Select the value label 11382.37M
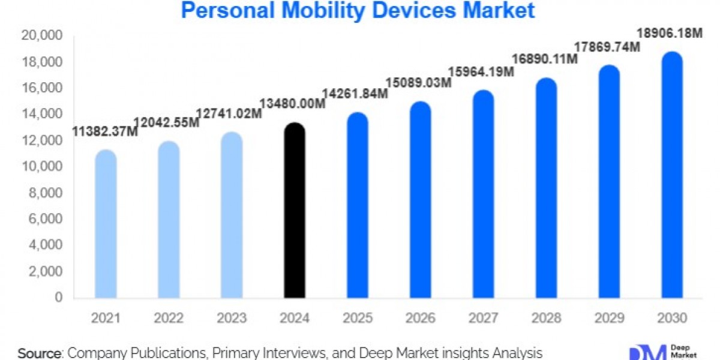(106, 131)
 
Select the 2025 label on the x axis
(357, 319)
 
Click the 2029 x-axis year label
(610, 319)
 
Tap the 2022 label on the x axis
(169, 319)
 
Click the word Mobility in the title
(310, 10)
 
